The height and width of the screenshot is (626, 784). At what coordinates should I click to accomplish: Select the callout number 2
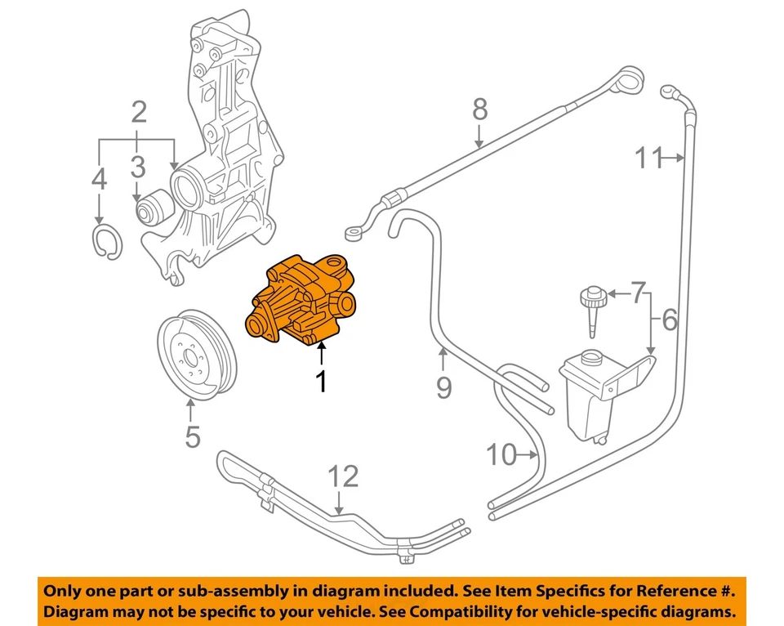pyautogui.click(x=138, y=111)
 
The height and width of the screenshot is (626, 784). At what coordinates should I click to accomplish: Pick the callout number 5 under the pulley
pyautogui.click(x=192, y=436)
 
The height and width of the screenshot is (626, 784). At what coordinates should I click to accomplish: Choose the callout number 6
pyautogui.click(x=670, y=320)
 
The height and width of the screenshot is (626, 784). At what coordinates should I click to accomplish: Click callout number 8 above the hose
pyautogui.click(x=479, y=109)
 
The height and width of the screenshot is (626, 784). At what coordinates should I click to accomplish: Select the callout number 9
pyautogui.click(x=443, y=386)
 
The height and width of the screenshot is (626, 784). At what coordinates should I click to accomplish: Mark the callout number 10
pyautogui.click(x=501, y=454)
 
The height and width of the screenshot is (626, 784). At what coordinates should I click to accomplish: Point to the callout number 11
pyautogui.click(x=650, y=157)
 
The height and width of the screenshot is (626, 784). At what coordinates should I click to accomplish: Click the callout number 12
pyautogui.click(x=343, y=476)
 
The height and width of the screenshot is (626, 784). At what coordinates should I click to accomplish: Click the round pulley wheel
pyautogui.click(x=196, y=351)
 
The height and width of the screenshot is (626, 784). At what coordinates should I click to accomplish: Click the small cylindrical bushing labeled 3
pyautogui.click(x=152, y=209)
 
